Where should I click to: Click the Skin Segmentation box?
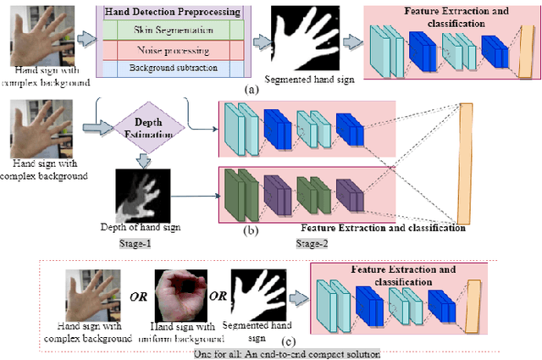(x=173, y=30)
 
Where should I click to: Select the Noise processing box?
(x=173, y=48)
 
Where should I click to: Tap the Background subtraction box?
(x=173, y=67)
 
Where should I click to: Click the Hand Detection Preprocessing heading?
(x=173, y=12)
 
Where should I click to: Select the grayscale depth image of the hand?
(x=141, y=193)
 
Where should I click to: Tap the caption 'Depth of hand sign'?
(x=140, y=227)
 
